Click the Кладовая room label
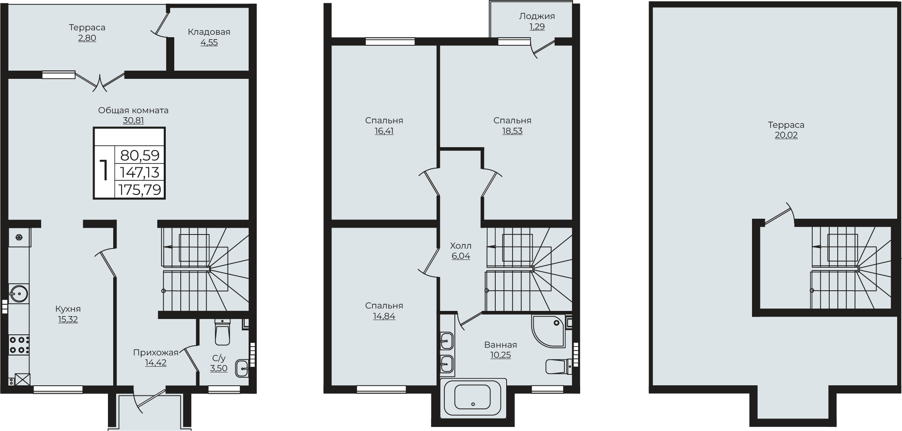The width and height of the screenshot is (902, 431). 209,32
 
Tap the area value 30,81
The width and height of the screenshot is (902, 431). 133,120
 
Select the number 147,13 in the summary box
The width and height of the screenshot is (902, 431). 140,173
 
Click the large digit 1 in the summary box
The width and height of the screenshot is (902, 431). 104,171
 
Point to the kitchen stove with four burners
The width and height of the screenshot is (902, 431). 19,345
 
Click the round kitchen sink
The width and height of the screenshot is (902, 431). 18,294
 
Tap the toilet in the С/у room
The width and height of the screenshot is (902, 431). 222,332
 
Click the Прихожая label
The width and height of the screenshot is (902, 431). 156,353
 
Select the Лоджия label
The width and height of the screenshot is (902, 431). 537,16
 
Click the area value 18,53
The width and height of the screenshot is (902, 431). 512,131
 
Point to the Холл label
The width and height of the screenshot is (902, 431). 461,245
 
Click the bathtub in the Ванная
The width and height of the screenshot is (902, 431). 473,397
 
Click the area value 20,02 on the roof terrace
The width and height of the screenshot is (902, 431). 786,135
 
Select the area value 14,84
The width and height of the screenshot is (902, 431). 384,316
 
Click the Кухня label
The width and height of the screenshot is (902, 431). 68,309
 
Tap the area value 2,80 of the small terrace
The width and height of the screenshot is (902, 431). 87,38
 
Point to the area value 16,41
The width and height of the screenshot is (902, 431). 384,131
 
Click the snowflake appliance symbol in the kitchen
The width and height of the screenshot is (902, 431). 19,237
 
